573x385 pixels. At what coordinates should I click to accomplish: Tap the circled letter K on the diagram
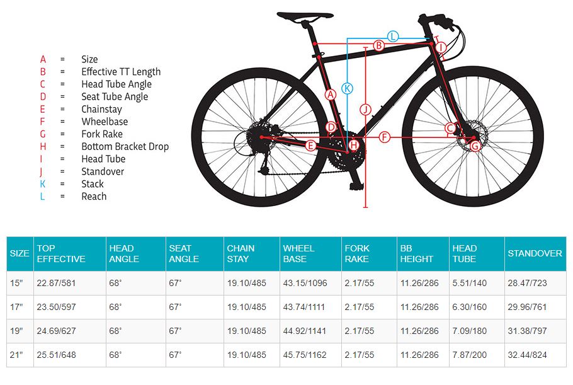point(347,89)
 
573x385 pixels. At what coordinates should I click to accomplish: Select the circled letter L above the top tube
point(393,37)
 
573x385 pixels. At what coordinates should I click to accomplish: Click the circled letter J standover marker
point(366,108)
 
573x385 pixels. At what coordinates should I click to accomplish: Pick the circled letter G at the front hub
point(475,146)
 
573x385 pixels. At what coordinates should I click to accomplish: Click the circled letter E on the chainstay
point(310,146)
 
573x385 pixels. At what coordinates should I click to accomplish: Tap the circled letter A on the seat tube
point(329,95)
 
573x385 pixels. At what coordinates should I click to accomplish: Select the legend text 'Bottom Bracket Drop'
point(125,146)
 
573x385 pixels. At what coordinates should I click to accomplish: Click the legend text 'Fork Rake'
point(101,134)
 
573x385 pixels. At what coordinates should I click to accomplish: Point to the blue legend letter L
point(43,196)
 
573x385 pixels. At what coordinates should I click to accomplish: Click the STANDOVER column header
point(535,253)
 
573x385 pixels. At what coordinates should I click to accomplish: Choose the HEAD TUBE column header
point(465,253)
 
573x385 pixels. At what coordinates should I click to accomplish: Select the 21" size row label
point(16,355)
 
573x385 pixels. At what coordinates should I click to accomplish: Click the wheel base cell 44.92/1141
point(305,331)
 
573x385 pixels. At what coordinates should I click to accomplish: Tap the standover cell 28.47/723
point(526,283)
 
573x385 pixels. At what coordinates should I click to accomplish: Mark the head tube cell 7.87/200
point(470,355)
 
